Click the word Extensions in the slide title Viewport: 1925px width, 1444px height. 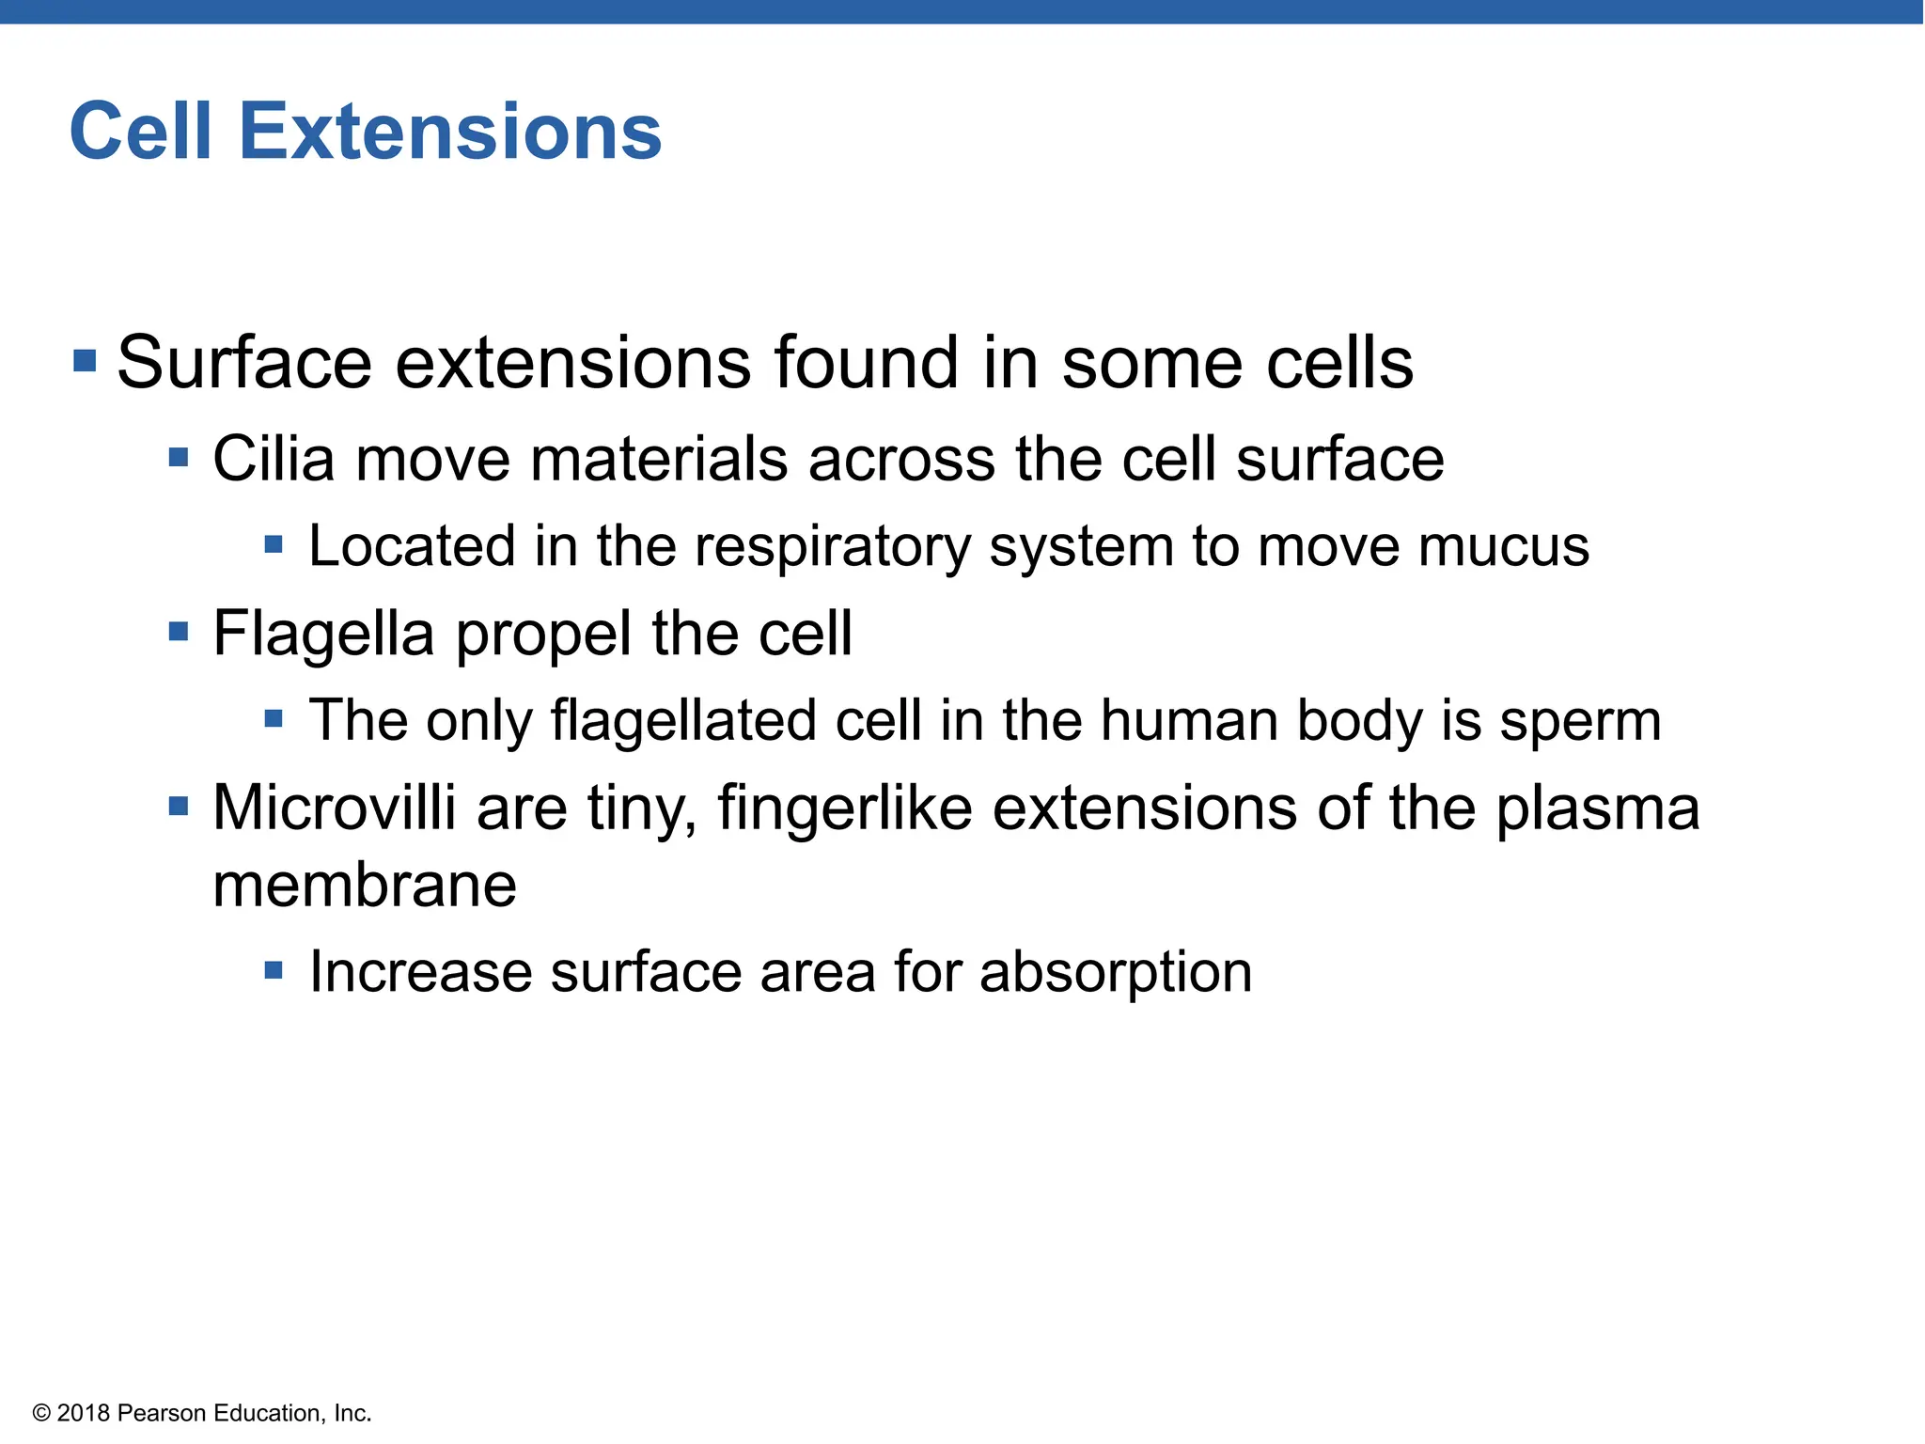(x=450, y=132)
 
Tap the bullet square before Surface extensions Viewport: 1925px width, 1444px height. (x=85, y=361)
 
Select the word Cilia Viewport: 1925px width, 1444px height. (x=274, y=460)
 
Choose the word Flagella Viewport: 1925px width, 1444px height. (x=323, y=635)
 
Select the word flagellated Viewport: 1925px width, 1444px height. (x=682, y=722)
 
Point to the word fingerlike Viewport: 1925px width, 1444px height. (x=844, y=808)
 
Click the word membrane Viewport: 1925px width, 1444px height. (x=365, y=886)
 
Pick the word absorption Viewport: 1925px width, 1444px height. (x=1116, y=973)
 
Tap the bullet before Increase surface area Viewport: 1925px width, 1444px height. (x=274, y=970)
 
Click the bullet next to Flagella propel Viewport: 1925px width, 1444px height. (x=179, y=631)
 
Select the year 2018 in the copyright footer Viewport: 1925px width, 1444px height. (x=84, y=1413)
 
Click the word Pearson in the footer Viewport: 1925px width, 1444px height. (x=162, y=1413)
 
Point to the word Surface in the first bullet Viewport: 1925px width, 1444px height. (x=244, y=363)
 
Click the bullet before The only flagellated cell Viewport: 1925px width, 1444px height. (x=274, y=719)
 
